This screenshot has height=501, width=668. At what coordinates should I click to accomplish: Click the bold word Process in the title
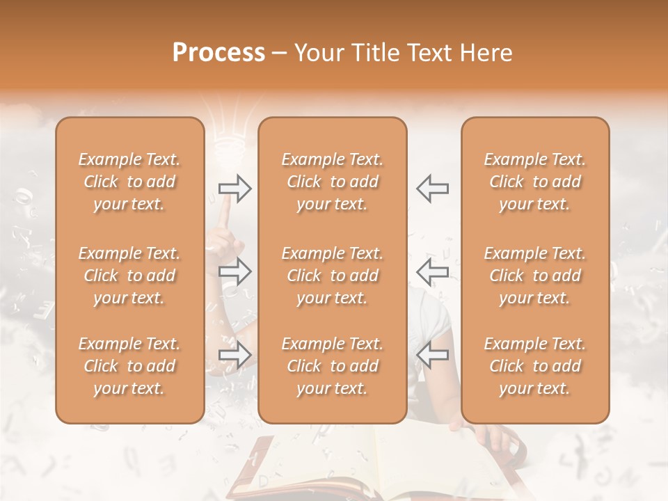218,53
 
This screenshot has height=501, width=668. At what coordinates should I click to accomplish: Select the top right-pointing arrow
234,189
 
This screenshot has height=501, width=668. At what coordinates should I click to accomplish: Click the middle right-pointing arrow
234,271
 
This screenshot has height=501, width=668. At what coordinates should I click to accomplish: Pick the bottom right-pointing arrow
234,355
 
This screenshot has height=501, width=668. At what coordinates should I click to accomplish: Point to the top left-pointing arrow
433,189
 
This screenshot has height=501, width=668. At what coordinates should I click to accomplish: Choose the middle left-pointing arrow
433,271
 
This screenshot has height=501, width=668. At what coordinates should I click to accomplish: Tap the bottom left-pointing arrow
433,355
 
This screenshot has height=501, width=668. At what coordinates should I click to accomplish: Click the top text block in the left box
129,182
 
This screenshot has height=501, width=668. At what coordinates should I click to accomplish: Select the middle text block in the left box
129,276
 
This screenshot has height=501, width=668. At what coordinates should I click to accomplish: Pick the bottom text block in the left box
129,366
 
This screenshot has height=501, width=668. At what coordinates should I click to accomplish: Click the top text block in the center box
333,182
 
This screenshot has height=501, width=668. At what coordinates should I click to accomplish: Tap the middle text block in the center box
333,276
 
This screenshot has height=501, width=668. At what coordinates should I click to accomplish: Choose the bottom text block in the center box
333,366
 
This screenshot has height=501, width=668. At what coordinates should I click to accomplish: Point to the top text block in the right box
535,182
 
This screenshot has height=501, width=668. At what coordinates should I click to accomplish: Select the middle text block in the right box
535,276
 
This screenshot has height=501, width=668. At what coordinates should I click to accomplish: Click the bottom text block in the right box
535,366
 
